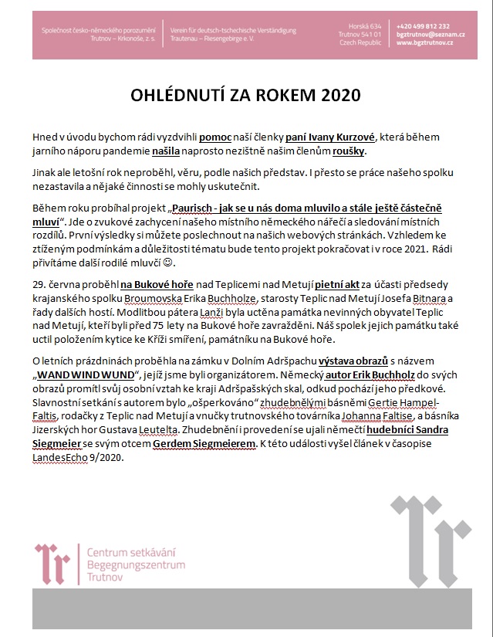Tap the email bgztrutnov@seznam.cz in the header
click(x=426, y=35)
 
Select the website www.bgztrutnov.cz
click(x=425, y=43)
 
